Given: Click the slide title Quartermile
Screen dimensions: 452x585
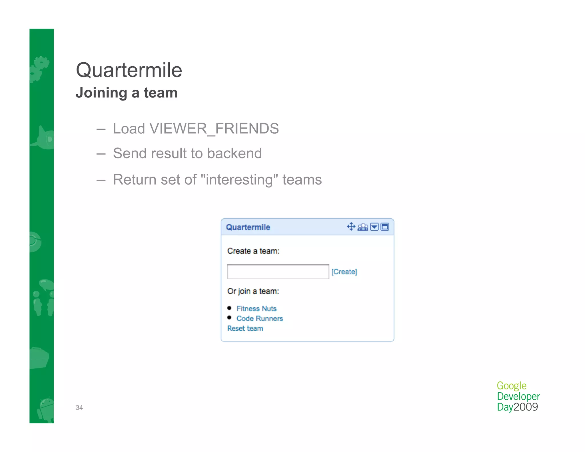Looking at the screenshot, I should coord(129,70).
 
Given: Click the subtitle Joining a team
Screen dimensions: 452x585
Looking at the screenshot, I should coord(127,93).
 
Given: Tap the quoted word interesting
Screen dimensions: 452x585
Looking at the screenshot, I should coord(239,180).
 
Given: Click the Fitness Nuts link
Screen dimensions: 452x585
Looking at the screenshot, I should coord(256,309).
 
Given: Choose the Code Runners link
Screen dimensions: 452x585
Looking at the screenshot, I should coord(259,318).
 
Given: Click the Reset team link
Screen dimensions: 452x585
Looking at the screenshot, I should coord(245,328).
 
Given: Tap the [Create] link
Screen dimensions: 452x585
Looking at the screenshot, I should coord(344,271).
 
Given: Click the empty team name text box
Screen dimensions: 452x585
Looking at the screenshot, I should coord(278,271).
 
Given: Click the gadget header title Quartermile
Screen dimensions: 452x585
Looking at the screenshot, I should coord(248,227).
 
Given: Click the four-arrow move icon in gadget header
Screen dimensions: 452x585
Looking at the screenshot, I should coord(351,227).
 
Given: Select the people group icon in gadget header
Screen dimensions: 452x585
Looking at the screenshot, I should coord(363,227).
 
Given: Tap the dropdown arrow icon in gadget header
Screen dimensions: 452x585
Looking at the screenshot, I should coord(374,227).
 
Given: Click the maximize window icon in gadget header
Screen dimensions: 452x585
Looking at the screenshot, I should coord(385,227).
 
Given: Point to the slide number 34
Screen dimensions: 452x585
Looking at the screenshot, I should coord(79,407).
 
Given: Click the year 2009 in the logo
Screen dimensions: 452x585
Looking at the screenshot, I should coord(526,407).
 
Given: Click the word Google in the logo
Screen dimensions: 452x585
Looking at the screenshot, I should coord(511,386).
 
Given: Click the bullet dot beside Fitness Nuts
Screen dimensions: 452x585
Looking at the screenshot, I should coord(229,308).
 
